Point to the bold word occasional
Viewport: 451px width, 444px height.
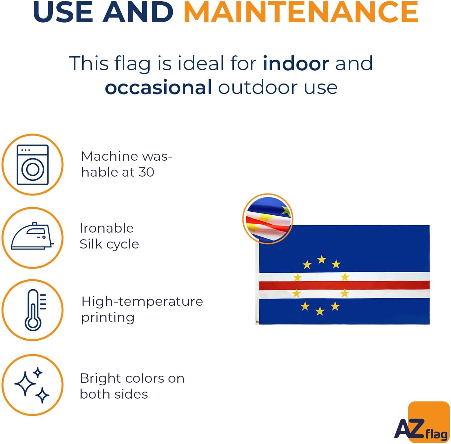[159, 87]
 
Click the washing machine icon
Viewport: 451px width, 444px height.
[33, 165]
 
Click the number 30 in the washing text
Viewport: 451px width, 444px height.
[147, 172]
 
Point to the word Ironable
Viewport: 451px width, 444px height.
[107, 228]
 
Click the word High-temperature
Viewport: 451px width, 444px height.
[142, 301]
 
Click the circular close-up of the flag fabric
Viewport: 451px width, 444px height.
[268, 219]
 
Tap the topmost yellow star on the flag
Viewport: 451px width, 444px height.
[322, 259]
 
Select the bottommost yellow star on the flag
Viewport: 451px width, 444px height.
[320, 311]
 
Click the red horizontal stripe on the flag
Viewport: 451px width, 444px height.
[344, 285]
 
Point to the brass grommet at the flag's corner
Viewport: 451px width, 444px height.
[257, 322]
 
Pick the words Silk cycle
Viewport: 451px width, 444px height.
[109, 245]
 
